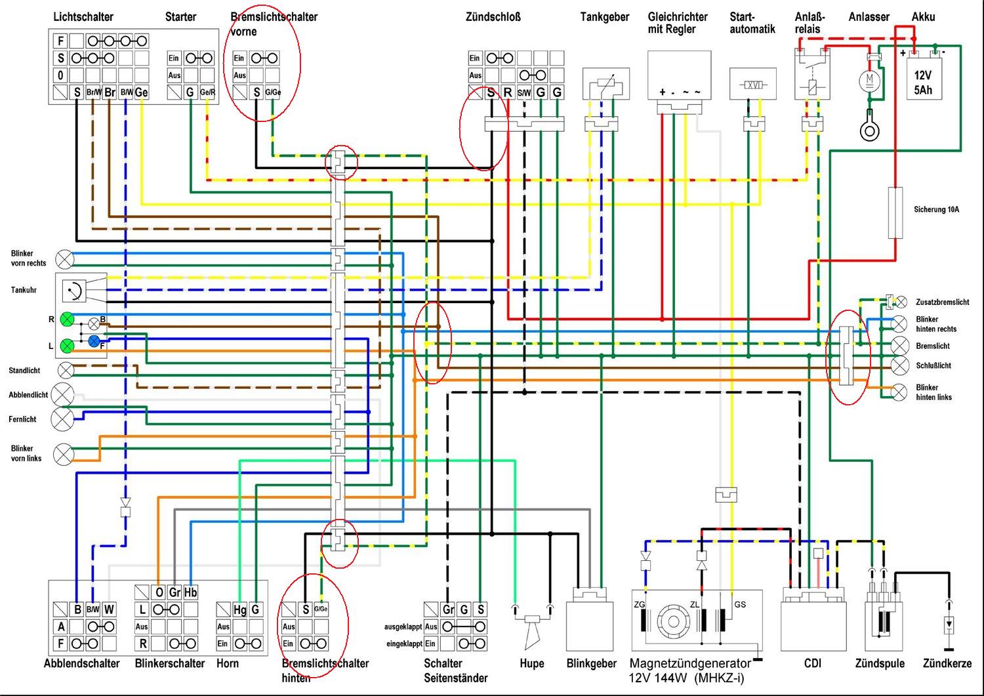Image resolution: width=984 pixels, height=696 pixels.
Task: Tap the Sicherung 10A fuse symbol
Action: click(x=895, y=213)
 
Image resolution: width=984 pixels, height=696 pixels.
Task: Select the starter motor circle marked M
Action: click(x=869, y=81)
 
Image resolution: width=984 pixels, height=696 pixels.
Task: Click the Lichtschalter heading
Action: click(x=83, y=16)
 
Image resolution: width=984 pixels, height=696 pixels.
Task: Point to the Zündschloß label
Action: click(x=493, y=16)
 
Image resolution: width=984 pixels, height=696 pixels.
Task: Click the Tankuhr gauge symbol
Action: click(x=73, y=291)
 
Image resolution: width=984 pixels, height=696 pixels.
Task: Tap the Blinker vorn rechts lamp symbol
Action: click(x=65, y=259)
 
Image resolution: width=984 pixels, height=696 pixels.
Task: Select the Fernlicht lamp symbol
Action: click(x=63, y=419)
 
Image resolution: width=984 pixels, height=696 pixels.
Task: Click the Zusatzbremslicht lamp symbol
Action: click(x=901, y=302)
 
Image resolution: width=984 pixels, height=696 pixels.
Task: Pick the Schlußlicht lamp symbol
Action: click(x=899, y=365)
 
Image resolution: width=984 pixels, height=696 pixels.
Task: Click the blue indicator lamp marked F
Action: click(x=94, y=341)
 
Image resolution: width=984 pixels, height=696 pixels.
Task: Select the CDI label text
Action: click(x=813, y=663)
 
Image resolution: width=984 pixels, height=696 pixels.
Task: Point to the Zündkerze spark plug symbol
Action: click(x=949, y=624)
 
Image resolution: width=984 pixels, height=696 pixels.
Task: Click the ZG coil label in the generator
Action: click(x=640, y=605)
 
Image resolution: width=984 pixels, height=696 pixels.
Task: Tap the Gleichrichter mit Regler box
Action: click(x=680, y=75)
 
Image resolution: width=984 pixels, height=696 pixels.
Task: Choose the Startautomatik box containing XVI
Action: click(x=753, y=84)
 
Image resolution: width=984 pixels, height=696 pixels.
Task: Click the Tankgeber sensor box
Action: click(x=606, y=84)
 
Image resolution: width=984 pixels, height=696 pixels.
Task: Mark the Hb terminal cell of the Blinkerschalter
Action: click(x=191, y=592)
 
